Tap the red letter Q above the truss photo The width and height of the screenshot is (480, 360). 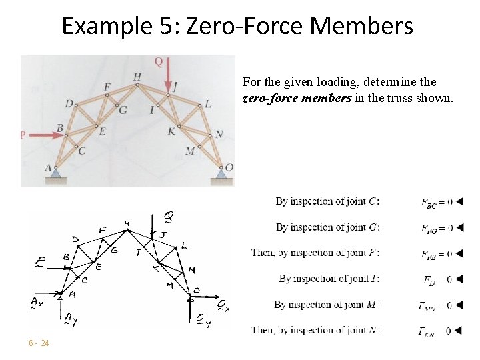tap(159, 62)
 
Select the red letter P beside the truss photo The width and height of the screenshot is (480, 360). tap(23, 135)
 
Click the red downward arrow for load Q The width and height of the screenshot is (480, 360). tap(168, 71)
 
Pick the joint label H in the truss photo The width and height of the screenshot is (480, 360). tap(137, 77)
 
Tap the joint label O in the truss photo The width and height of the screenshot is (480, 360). tap(229, 167)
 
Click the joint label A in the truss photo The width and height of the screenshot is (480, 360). tap(49, 168)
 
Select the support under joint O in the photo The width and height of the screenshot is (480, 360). tap(221, 175)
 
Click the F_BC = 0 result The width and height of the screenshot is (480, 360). tap(437, 201)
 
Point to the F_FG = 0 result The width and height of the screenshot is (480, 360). tap(437, 227)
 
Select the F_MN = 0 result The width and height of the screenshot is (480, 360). tap(435, 305)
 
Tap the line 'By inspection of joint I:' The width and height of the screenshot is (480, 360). tap(329, 279)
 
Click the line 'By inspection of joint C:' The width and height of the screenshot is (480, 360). tap(328, 201)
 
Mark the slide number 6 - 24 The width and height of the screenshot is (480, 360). tap(38, 343)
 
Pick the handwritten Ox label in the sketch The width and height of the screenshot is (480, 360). tap(223, 305)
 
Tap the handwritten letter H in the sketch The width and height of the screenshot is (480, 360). tap(127, 223)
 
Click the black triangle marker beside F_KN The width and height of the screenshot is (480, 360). tap(459, 331)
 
